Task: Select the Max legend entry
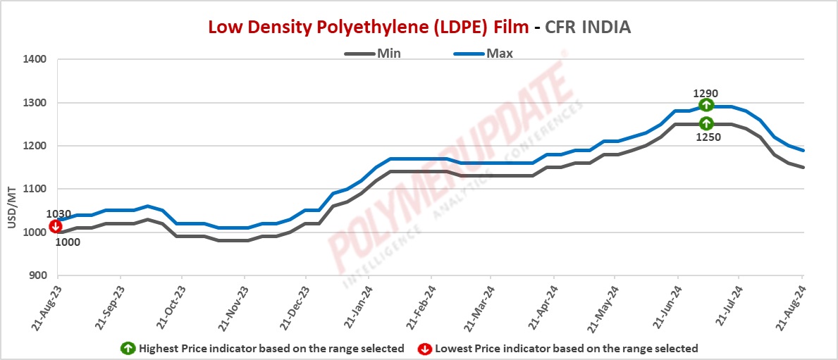click(x=499, y=53)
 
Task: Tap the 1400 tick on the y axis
click(x=35, y=60)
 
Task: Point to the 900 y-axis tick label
click(x=37, y=275)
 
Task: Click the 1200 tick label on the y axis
click(x=35, y=146)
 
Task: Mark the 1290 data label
click(x=705, y=92)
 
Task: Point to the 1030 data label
click(x=58, y=214)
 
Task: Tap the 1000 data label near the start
click(x=68, y=242)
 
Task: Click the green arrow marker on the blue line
click(x=706, y=105)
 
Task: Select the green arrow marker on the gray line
click(x=706, y=124)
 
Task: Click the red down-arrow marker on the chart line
click(x=55, y=226)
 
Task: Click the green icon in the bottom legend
click(x=128, y=348)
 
